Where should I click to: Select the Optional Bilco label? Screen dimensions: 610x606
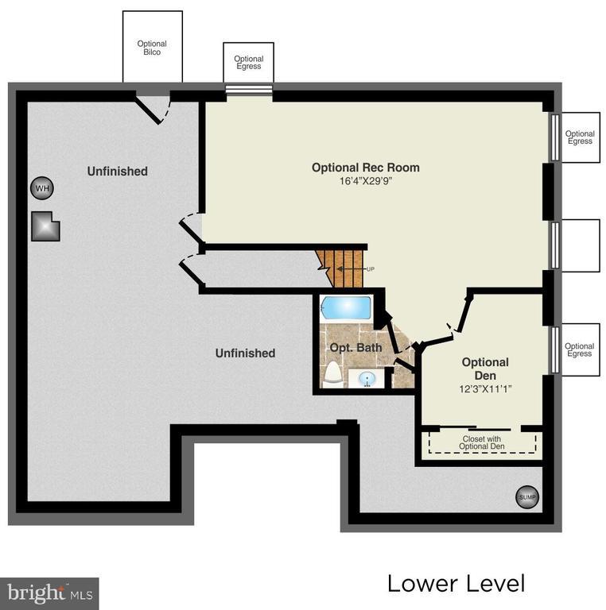pos(152,48)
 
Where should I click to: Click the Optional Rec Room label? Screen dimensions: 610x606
pos(365,168)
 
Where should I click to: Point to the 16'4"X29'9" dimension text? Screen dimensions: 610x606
pos(365,181)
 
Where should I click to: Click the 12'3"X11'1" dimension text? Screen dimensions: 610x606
pos(485,389)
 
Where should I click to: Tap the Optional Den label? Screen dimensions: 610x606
pos(485,369)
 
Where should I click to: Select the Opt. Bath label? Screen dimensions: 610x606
pos(355,348)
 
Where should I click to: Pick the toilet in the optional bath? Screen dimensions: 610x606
pos(332,373)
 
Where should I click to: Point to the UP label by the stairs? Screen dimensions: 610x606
pos(370,269)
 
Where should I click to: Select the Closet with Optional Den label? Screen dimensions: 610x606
pos(483,442)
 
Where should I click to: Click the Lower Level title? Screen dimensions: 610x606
pos(456,584)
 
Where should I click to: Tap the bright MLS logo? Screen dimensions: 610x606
pos(49,593)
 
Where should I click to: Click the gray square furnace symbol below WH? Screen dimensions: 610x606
pos(46,226)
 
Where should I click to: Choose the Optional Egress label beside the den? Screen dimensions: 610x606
pos(579,349)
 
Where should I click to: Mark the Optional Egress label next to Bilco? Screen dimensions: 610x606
pos(248,63)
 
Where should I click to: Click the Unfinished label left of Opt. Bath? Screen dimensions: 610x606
pos(245,353)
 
